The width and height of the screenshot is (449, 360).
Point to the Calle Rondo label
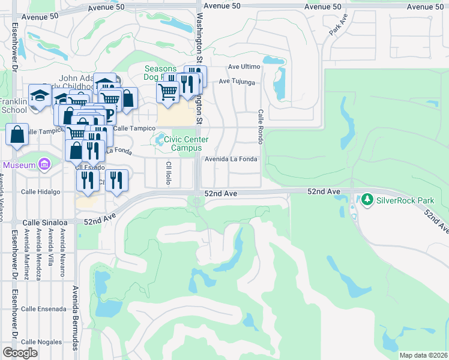pos(261,122)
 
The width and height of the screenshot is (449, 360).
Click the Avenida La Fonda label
pos(231,159)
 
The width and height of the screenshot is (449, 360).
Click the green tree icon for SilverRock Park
pos(367,199)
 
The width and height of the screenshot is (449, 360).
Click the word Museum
pos(19,165)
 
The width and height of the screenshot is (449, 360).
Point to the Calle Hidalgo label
pos(41,192)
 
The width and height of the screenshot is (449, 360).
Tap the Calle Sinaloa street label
pos(43,223)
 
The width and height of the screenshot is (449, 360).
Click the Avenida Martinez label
pos(27,256)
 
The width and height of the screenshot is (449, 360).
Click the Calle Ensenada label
pos(43,309)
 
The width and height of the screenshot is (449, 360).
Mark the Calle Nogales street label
pos(41,342)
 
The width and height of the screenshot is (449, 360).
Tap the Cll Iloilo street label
pos(169,172)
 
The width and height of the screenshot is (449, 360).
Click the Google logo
pos(20,353)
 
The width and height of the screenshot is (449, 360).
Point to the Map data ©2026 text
pos(423,355)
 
